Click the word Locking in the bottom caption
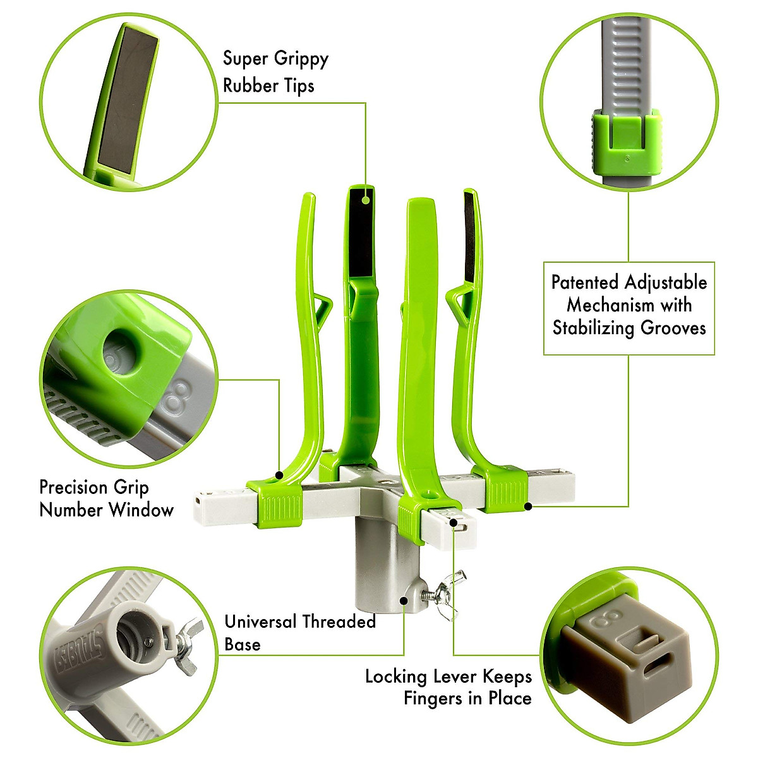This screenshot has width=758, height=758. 396,677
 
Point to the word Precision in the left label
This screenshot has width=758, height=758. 74,488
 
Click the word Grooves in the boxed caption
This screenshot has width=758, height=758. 673,327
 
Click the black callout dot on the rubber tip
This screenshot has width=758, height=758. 365,200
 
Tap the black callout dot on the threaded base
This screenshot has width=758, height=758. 404,596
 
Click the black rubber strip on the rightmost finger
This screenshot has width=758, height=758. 469,237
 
